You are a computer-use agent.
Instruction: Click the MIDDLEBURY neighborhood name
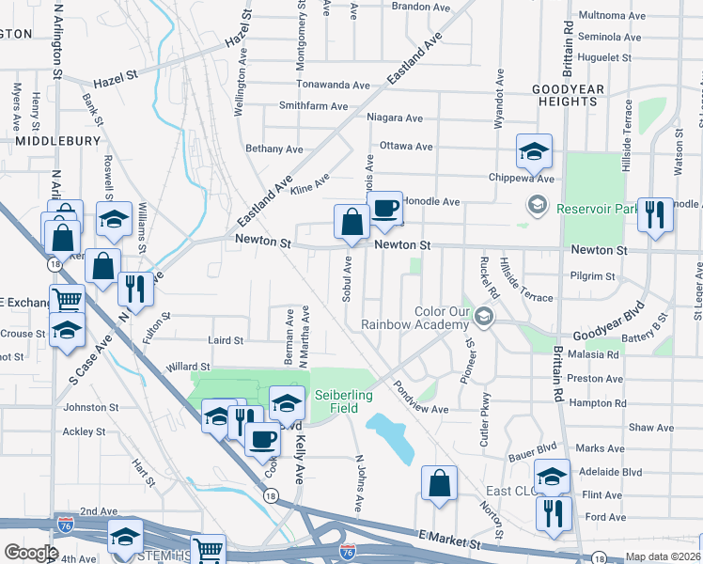pos(57,140)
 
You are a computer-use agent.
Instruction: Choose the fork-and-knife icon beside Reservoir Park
pos(654,214)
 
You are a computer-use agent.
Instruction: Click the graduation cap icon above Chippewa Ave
pos(533,150)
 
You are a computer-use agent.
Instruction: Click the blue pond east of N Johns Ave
pos(393,437)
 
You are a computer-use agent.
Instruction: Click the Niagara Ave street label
pos(396,118)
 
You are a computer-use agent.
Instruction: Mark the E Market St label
pos(449,536)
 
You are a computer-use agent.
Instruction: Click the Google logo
pos(31,552)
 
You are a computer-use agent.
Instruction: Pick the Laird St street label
pos(225,340)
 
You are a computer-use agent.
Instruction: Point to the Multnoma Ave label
pos(612,16)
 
